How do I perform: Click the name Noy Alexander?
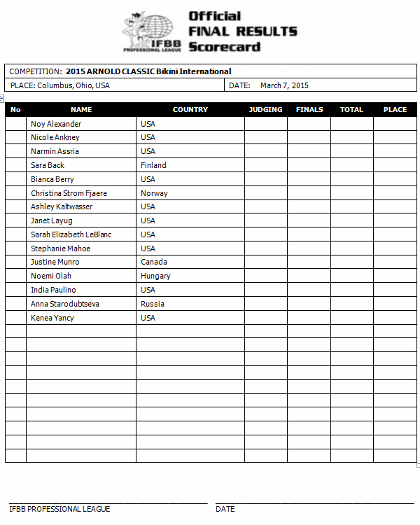[56, 124]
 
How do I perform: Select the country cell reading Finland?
[153, 165]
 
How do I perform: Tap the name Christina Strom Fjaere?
[69, 193]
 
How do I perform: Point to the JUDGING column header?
[265, 109]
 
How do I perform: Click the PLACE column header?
[395, 109]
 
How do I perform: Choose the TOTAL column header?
[351, 109]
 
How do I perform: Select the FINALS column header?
[309, 109]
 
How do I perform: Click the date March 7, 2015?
[284, 85]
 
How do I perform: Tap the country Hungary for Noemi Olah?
[155, 276]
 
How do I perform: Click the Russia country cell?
[153, 304]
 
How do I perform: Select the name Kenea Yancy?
[52, 318]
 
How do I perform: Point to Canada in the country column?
[154, 262]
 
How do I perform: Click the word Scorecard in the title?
[224, 47]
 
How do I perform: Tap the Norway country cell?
[154, 193]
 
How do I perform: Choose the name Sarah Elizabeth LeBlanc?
[71, 234]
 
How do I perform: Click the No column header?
[15, 109]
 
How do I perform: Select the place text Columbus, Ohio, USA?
[73, 85]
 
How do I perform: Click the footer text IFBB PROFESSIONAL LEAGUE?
[59, 509]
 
